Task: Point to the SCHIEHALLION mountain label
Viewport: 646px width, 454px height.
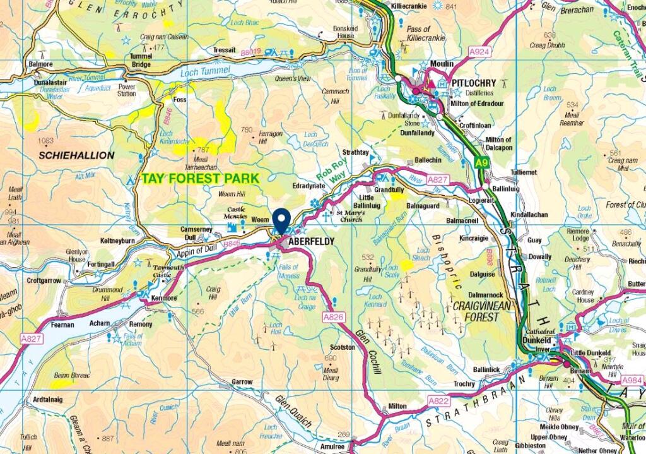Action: pos(76,155)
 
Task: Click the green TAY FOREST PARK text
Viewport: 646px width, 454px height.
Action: pos(200,179)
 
